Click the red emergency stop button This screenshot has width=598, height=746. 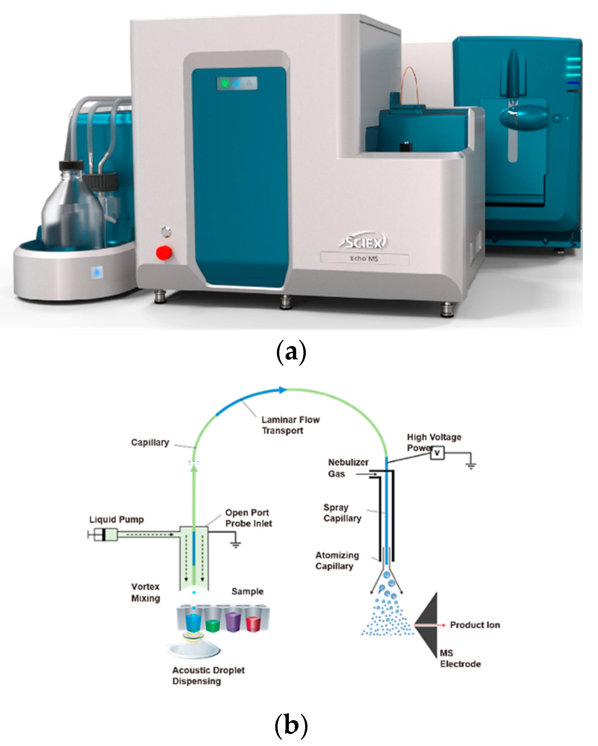[x=163, y=253]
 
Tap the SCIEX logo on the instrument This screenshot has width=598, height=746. [x=364, y=242]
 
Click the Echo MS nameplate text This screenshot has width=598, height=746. [x=364, y=258]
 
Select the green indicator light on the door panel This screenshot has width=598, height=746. [x=225, y=83]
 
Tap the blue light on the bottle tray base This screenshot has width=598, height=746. [x=97, y=272]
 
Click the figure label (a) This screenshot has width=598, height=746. [x=291, y=352]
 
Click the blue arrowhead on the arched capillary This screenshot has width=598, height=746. [x=283, y=390]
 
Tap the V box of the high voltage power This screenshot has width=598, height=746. [x=437, y=453]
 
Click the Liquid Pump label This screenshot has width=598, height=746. [x=117, y=519]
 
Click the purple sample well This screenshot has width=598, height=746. [x=233, y=622]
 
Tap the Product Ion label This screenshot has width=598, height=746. [x=474, y=625]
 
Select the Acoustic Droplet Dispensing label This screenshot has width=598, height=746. [x=208, y=676]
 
